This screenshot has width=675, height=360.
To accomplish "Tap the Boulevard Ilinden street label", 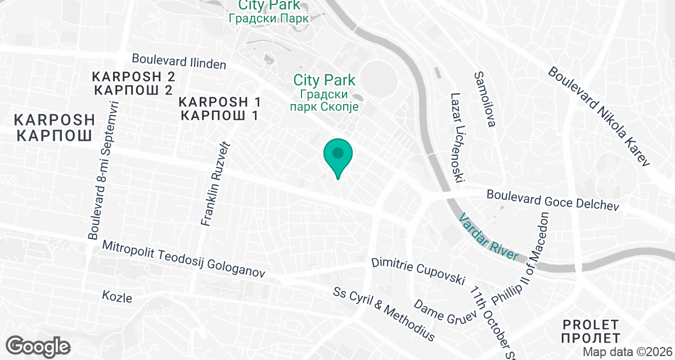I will tap(179, 61).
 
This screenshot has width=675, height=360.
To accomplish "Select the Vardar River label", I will tap(488, 236).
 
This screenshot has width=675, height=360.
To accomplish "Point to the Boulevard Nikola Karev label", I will tap(598, 117).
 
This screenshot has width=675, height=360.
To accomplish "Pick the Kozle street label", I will tap(117, 296).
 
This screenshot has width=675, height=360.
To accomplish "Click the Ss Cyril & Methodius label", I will tap(384, 314).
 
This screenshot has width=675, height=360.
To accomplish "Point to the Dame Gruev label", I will tap(441, 312).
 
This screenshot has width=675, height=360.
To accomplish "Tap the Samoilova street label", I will tap(484, 99).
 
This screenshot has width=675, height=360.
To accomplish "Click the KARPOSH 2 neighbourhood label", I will tap(134, 83).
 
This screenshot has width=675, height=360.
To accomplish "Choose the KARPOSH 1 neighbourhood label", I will tap(220, 109).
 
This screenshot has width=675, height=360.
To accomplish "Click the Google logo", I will tap(39, 345).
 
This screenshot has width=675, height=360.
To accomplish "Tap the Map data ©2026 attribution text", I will tap(627, 352).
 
